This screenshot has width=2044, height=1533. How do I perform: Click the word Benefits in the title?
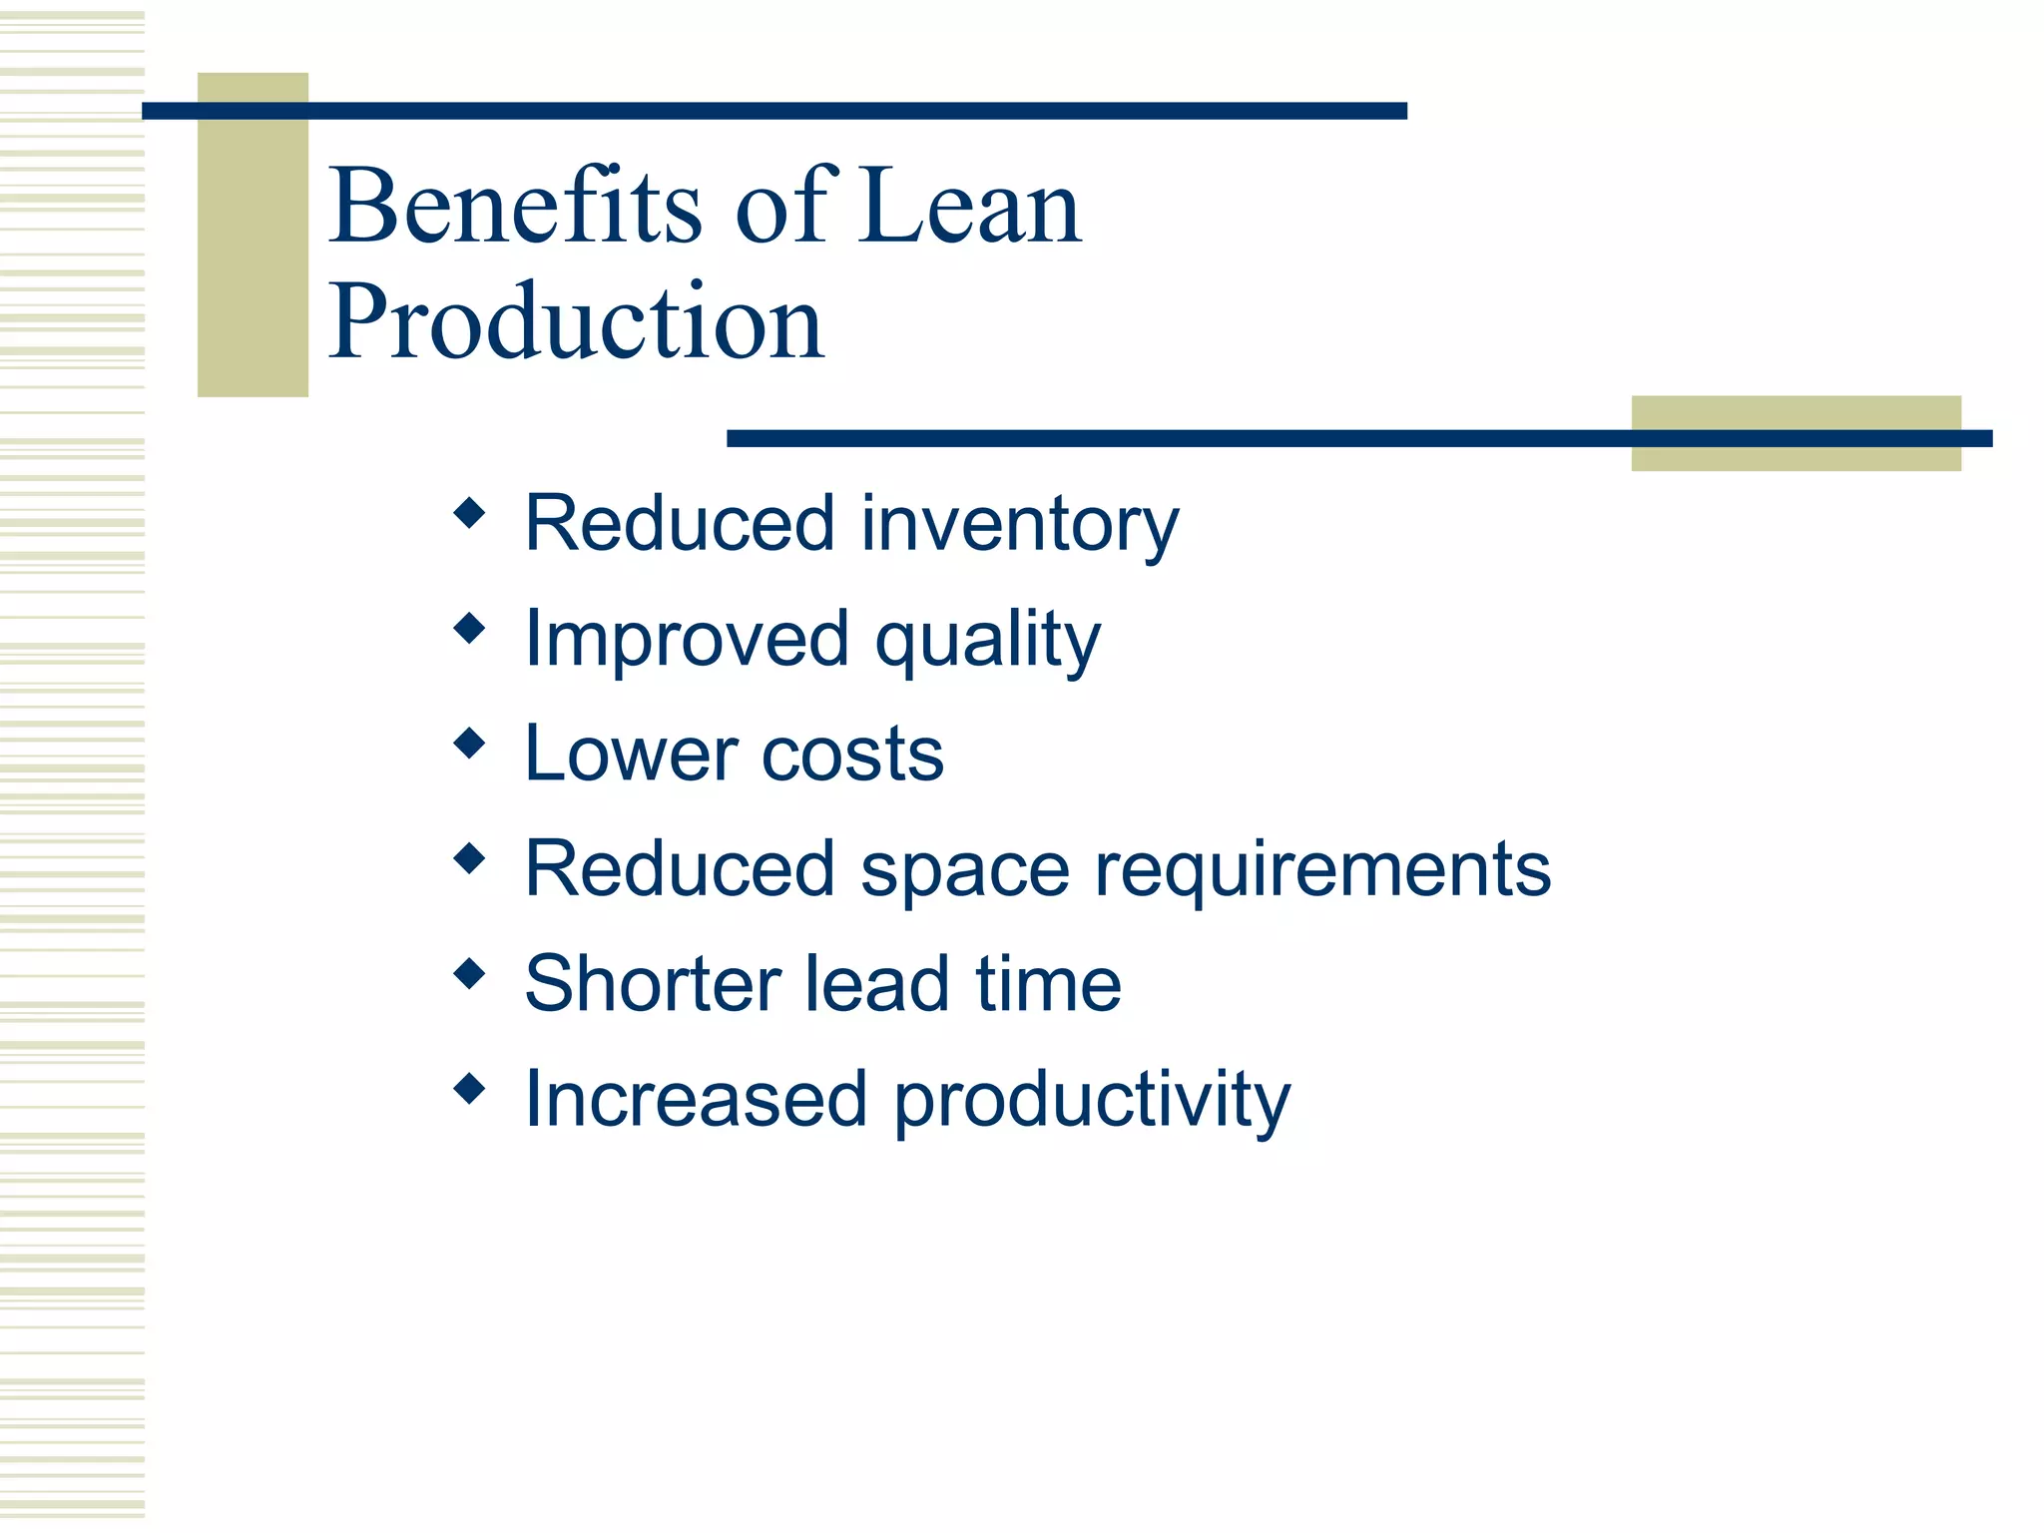coord(515,206)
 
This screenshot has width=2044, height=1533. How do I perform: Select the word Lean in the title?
coord(970,206)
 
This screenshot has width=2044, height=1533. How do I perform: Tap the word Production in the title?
coord(576,321)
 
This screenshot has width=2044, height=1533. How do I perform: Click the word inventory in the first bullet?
coord(1019,525)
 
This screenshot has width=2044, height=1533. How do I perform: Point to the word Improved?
coord(687,640)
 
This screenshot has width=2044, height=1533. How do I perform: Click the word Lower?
coord(631,754)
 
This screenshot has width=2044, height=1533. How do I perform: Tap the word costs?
coord(852,756)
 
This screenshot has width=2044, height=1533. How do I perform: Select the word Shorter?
coord(652,984)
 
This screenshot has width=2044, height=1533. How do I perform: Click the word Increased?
coord(696,1099)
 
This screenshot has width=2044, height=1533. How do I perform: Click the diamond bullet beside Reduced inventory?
coord(469,514)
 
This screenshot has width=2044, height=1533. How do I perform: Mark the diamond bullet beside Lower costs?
coord(469,744)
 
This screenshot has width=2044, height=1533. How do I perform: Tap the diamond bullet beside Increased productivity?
coord(469,1088)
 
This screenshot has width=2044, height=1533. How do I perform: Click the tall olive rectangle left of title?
coord(253,250)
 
